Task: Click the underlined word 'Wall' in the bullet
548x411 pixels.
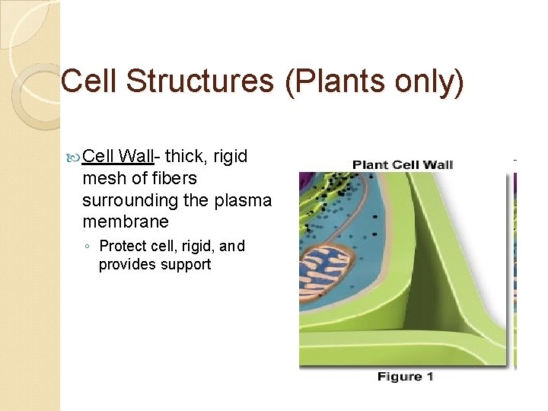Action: (x=137, y=157)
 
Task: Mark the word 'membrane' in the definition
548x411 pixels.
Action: (x=125, y=221)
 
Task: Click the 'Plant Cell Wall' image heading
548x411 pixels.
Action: (x=403, y=165)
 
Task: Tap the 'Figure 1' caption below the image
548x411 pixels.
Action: (x=405, y=377)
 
